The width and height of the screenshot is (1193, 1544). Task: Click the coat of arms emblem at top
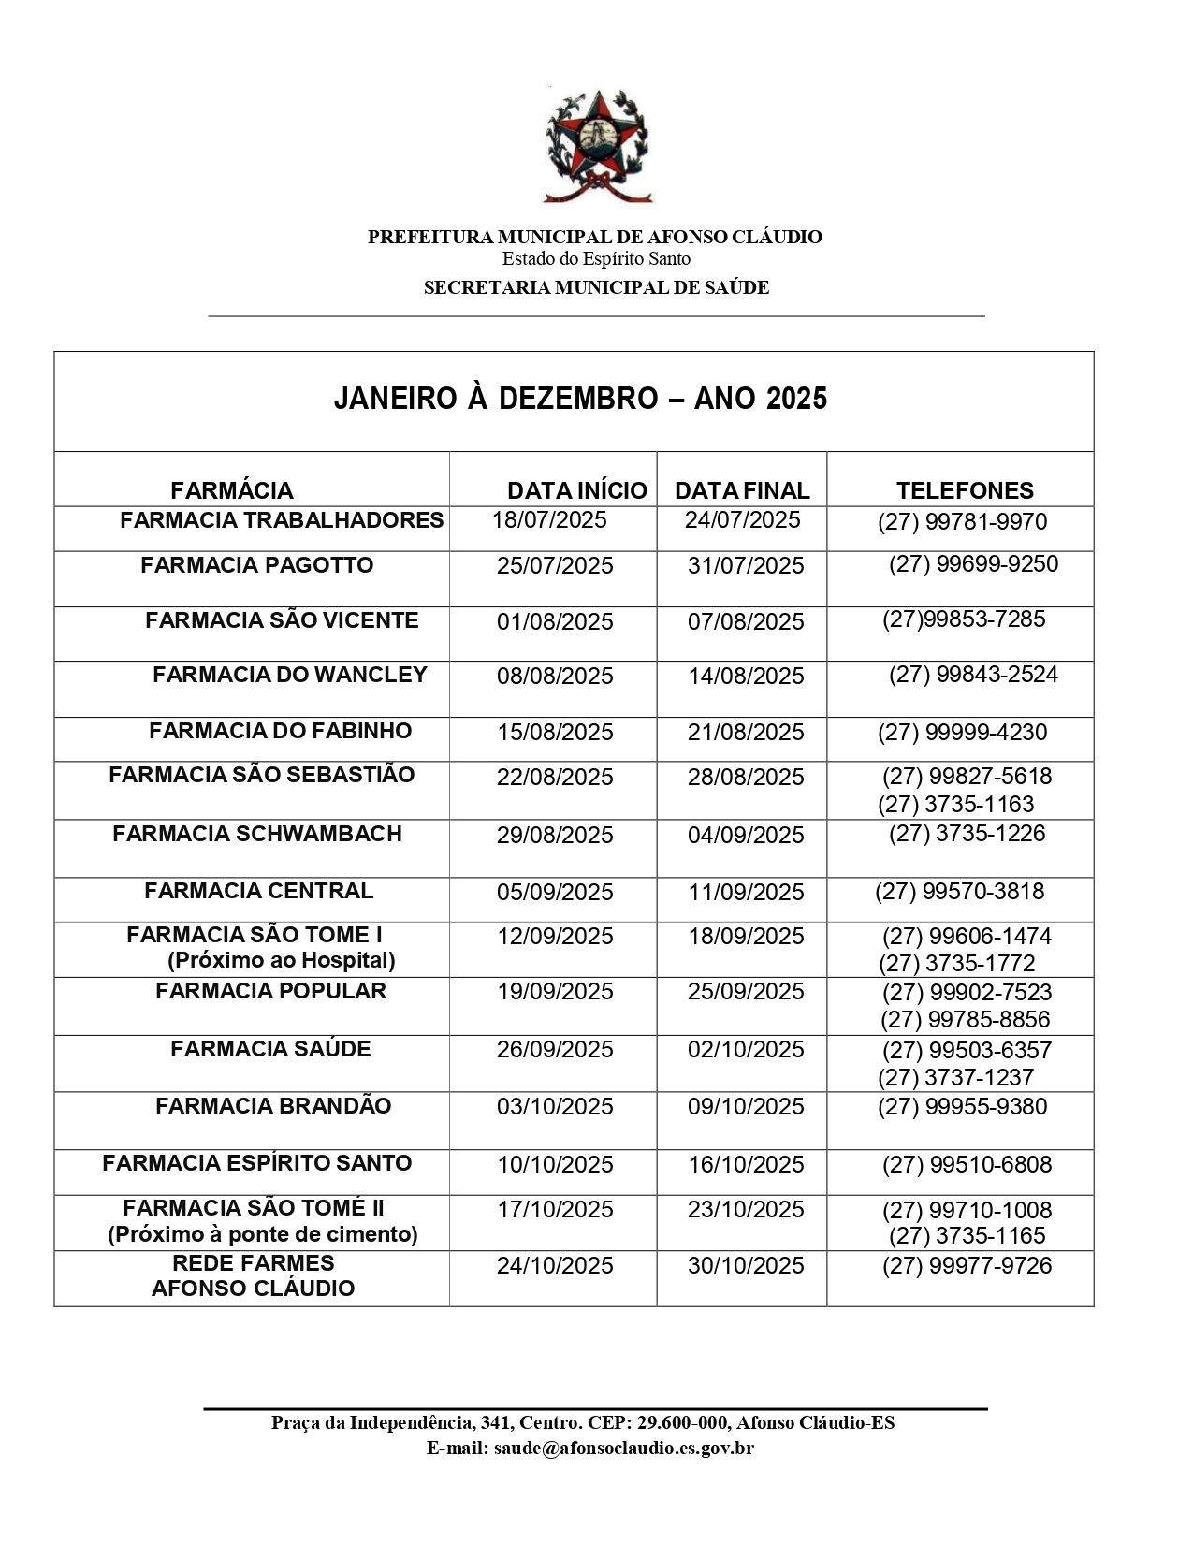[597, 145]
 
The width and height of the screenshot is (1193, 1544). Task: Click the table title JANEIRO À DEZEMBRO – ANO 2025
[580, 399]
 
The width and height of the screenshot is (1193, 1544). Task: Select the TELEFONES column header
[965, 490]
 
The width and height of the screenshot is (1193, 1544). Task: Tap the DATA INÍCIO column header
[576, 490]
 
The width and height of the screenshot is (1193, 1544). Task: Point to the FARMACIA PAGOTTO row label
[256, 565]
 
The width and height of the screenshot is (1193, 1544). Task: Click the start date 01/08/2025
[555, 621]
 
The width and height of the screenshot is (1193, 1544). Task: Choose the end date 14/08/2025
[746, 677]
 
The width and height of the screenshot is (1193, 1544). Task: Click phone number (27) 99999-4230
[962, 732]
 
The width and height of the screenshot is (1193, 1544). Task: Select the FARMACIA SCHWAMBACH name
[257, 834]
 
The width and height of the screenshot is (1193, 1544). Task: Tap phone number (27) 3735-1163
[956, 804]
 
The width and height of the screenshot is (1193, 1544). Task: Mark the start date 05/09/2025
[555, 892]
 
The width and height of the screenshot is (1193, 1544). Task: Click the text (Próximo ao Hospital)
[282, 961]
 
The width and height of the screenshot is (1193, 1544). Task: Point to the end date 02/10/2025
[746, 1049]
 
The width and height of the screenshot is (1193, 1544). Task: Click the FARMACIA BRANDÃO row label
[273, 1106]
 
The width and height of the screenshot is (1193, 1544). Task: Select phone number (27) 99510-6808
[967, 1164]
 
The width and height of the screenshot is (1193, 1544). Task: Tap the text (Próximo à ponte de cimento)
[263, 1234]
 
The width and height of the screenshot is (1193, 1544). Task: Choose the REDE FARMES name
[254, 1263]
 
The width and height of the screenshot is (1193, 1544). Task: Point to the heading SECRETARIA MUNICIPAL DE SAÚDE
[596, 288]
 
